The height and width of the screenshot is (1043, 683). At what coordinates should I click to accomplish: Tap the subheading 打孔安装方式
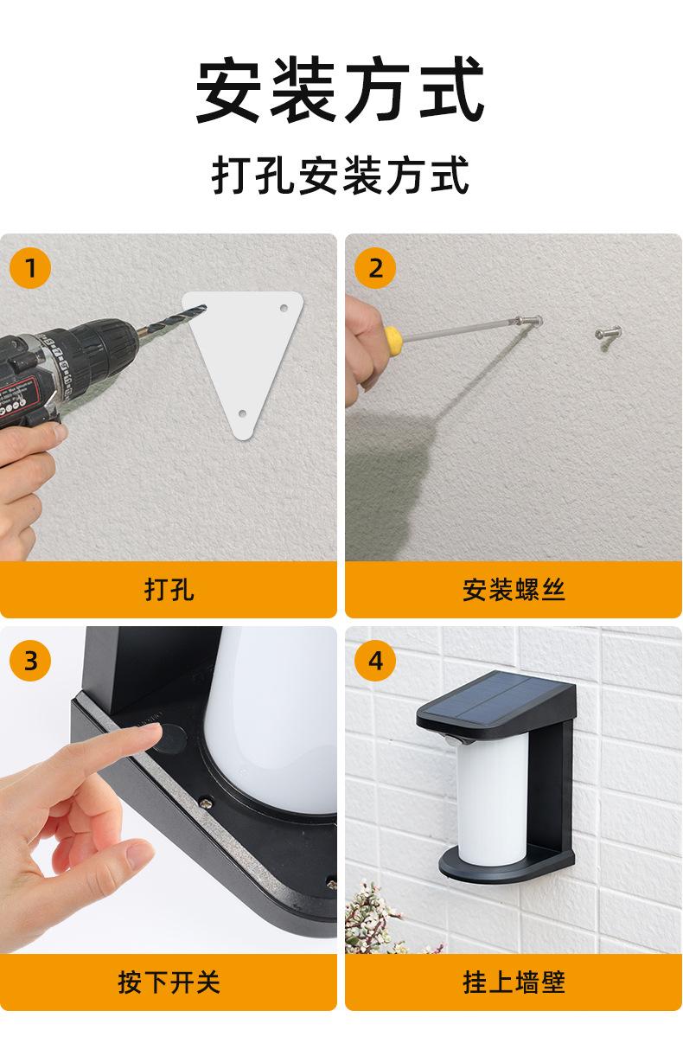click(x=341, y=175)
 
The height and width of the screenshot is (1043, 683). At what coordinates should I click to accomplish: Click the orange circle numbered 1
click(x=30, y=268)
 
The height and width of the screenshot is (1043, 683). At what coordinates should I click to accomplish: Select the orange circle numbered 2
click(x=375, y=268)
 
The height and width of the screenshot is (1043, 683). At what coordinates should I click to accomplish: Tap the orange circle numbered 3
click(x=30, y=661)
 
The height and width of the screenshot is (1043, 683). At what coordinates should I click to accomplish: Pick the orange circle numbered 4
click(x=375, y=661)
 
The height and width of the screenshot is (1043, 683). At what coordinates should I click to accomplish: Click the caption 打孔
click(x=169, y=590)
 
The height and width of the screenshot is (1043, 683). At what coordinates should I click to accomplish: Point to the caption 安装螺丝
click(x=514, y=590)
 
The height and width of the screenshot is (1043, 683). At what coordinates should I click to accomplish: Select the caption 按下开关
click(x=169, y=982)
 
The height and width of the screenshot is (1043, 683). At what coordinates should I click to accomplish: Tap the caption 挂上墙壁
click(x=514, y=982)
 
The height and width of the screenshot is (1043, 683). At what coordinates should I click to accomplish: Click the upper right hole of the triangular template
click(x=284, y=308)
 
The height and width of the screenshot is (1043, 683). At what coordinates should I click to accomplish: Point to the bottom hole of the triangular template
click(x=242, y=413)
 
